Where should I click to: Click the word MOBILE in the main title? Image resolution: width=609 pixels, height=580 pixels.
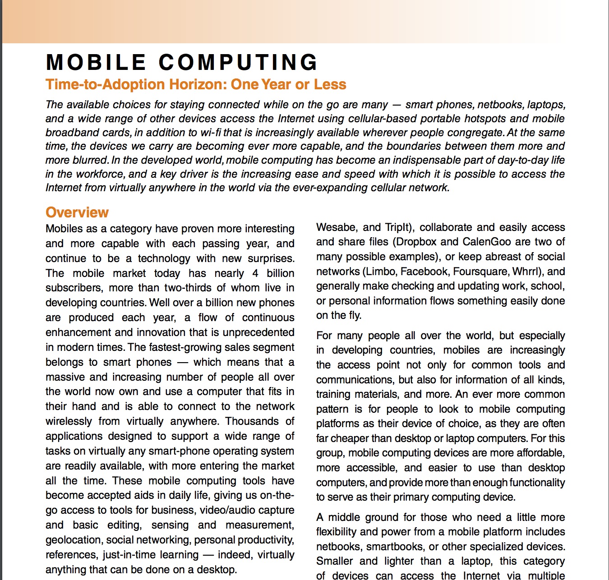[x=96, y=63]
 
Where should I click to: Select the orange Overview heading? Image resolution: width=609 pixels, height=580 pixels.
[x=77, y=212]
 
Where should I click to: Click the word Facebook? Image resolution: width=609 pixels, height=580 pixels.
[x=424, y=272]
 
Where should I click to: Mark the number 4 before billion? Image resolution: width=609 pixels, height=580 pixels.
[x=255, y=273]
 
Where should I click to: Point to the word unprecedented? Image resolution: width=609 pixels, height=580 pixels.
[x=258, y=332]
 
